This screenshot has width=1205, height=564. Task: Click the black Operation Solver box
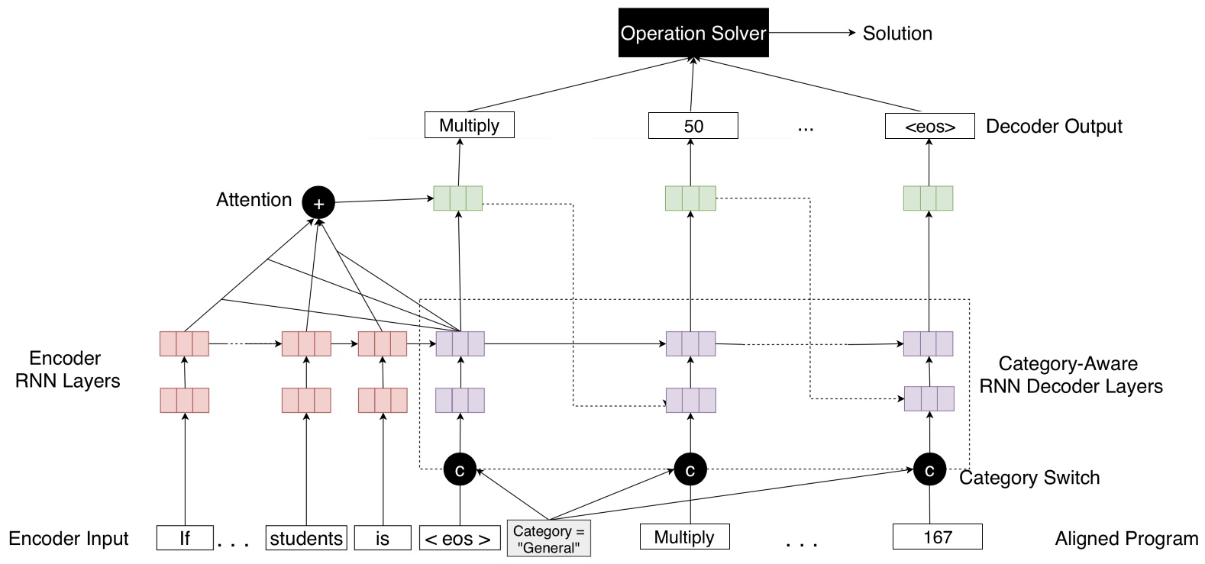click(693, 33)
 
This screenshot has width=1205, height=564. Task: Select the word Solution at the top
click(896, 34)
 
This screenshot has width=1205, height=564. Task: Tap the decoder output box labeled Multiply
click(469, 125)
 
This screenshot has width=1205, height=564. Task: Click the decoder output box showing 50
click(693, 126)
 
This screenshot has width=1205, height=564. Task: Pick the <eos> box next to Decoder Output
click(929, 127)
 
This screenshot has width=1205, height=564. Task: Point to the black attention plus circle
click(318, 203)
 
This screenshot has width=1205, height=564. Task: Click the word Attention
click(254, 200)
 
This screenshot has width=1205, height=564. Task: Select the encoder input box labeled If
click(185, 538)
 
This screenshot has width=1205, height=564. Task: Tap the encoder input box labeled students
click(306, 538)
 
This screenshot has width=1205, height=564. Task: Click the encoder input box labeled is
click(383, 538)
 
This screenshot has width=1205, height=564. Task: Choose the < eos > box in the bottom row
click(459, 539)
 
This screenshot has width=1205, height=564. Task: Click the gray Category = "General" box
click(548, 539)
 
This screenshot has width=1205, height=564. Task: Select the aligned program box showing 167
click(937, 537)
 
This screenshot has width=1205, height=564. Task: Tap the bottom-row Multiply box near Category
click(684, 537)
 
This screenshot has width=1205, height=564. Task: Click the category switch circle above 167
click(929, 469)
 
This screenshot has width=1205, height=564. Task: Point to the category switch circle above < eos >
click(460, 470)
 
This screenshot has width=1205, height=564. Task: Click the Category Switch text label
click(1029, 478)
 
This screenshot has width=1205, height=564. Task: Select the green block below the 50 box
click(690, 198)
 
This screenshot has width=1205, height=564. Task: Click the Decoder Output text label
click(1054, 127)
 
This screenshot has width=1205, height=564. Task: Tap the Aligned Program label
click(1126, 539)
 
